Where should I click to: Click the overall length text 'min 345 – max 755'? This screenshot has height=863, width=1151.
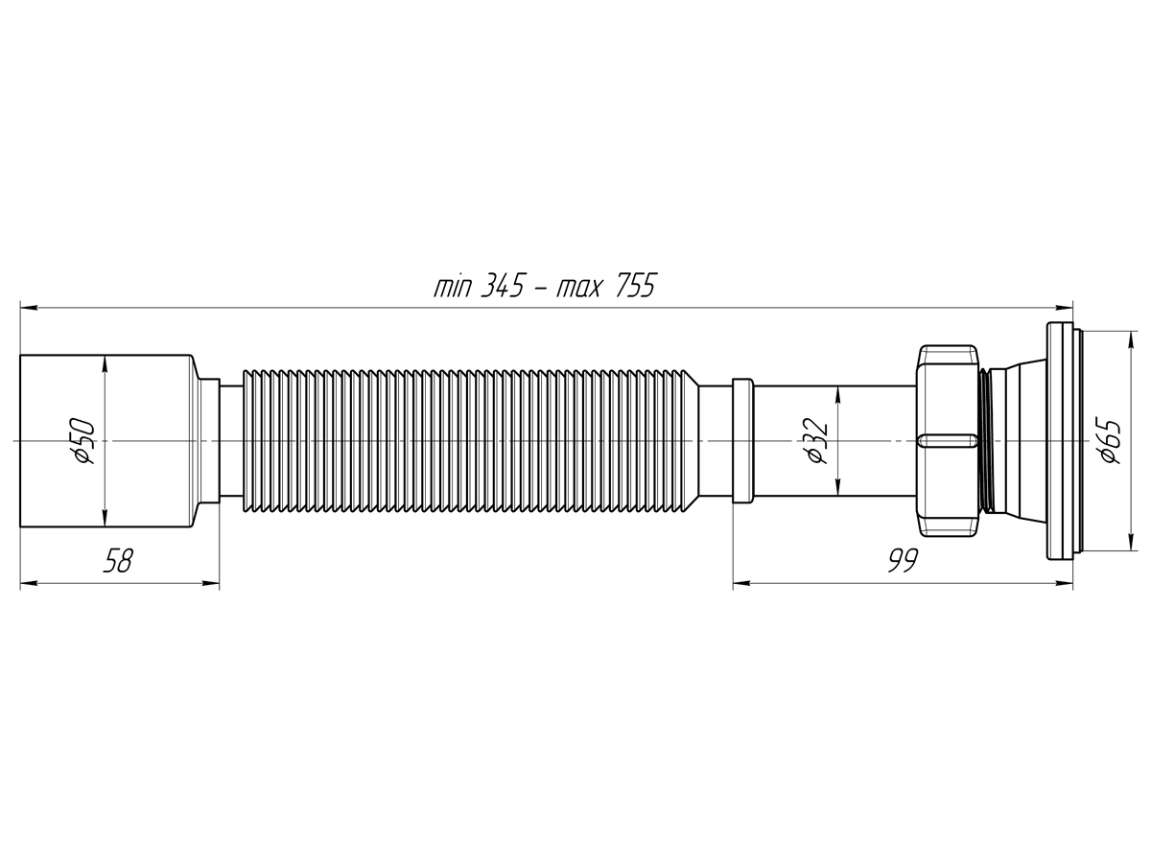544,286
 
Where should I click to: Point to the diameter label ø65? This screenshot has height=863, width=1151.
1112,441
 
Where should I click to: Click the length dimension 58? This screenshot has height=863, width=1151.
117,561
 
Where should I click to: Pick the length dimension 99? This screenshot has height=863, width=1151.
902,561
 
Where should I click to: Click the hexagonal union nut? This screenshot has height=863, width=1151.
948,441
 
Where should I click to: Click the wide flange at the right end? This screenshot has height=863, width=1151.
1059,441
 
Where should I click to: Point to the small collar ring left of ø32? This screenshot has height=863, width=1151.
742,441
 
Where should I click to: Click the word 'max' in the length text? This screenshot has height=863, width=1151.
576,287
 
